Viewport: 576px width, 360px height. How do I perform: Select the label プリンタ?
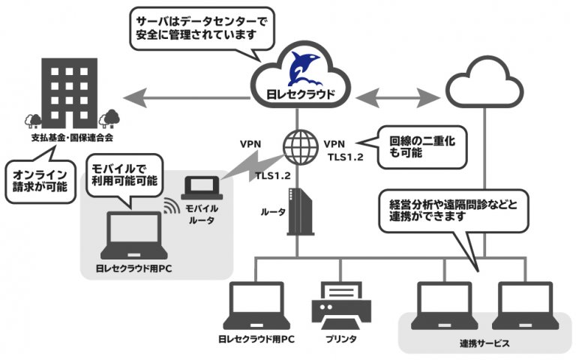tap(340, 338)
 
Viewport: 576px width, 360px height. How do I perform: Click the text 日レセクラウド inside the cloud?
tap(298, 95)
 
